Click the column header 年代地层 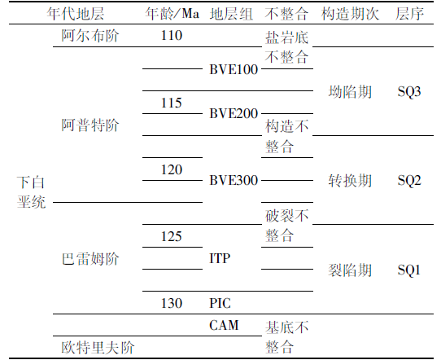click(76, 13)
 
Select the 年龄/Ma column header click(172, 13)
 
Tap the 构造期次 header click(350, 13)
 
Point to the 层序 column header click(409, 13)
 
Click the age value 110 click(172, 36)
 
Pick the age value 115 click(172, 103)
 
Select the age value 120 click(172, 169)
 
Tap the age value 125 click(172, 236)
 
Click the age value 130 click(172, 303)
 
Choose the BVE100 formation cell click(234, 69)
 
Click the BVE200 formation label click(234, 113)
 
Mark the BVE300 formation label click(234, 180)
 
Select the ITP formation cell click(220, 258)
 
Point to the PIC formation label click(220, 303)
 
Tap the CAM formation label click(224, 325)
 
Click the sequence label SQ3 click(409, 91)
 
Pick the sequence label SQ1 click(409, 270)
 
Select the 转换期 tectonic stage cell click(350, 181)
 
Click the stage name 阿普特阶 click(90, 125)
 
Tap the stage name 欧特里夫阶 click(98, 347)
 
